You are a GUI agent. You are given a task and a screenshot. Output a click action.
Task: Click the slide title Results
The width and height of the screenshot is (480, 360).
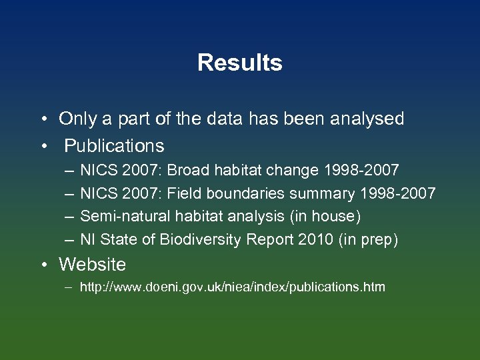(x=240, y=63)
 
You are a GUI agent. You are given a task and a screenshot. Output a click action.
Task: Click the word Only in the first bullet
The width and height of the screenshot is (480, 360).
(x=77, y=119)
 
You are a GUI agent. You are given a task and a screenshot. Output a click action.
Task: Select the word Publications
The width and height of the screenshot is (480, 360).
(x=114, y=145)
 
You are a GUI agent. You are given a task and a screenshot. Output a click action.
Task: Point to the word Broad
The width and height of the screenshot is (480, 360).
(x=189, y=171)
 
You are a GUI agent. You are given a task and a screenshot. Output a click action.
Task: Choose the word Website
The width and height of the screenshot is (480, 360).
(x=92, y=265)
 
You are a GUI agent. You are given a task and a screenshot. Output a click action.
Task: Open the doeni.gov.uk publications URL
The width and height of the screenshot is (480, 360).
(x=232, y=288)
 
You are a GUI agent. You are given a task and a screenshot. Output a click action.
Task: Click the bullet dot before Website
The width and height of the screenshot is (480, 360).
(x=43, y=265)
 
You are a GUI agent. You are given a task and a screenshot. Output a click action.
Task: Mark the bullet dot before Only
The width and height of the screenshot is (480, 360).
(x=43, y=120)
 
